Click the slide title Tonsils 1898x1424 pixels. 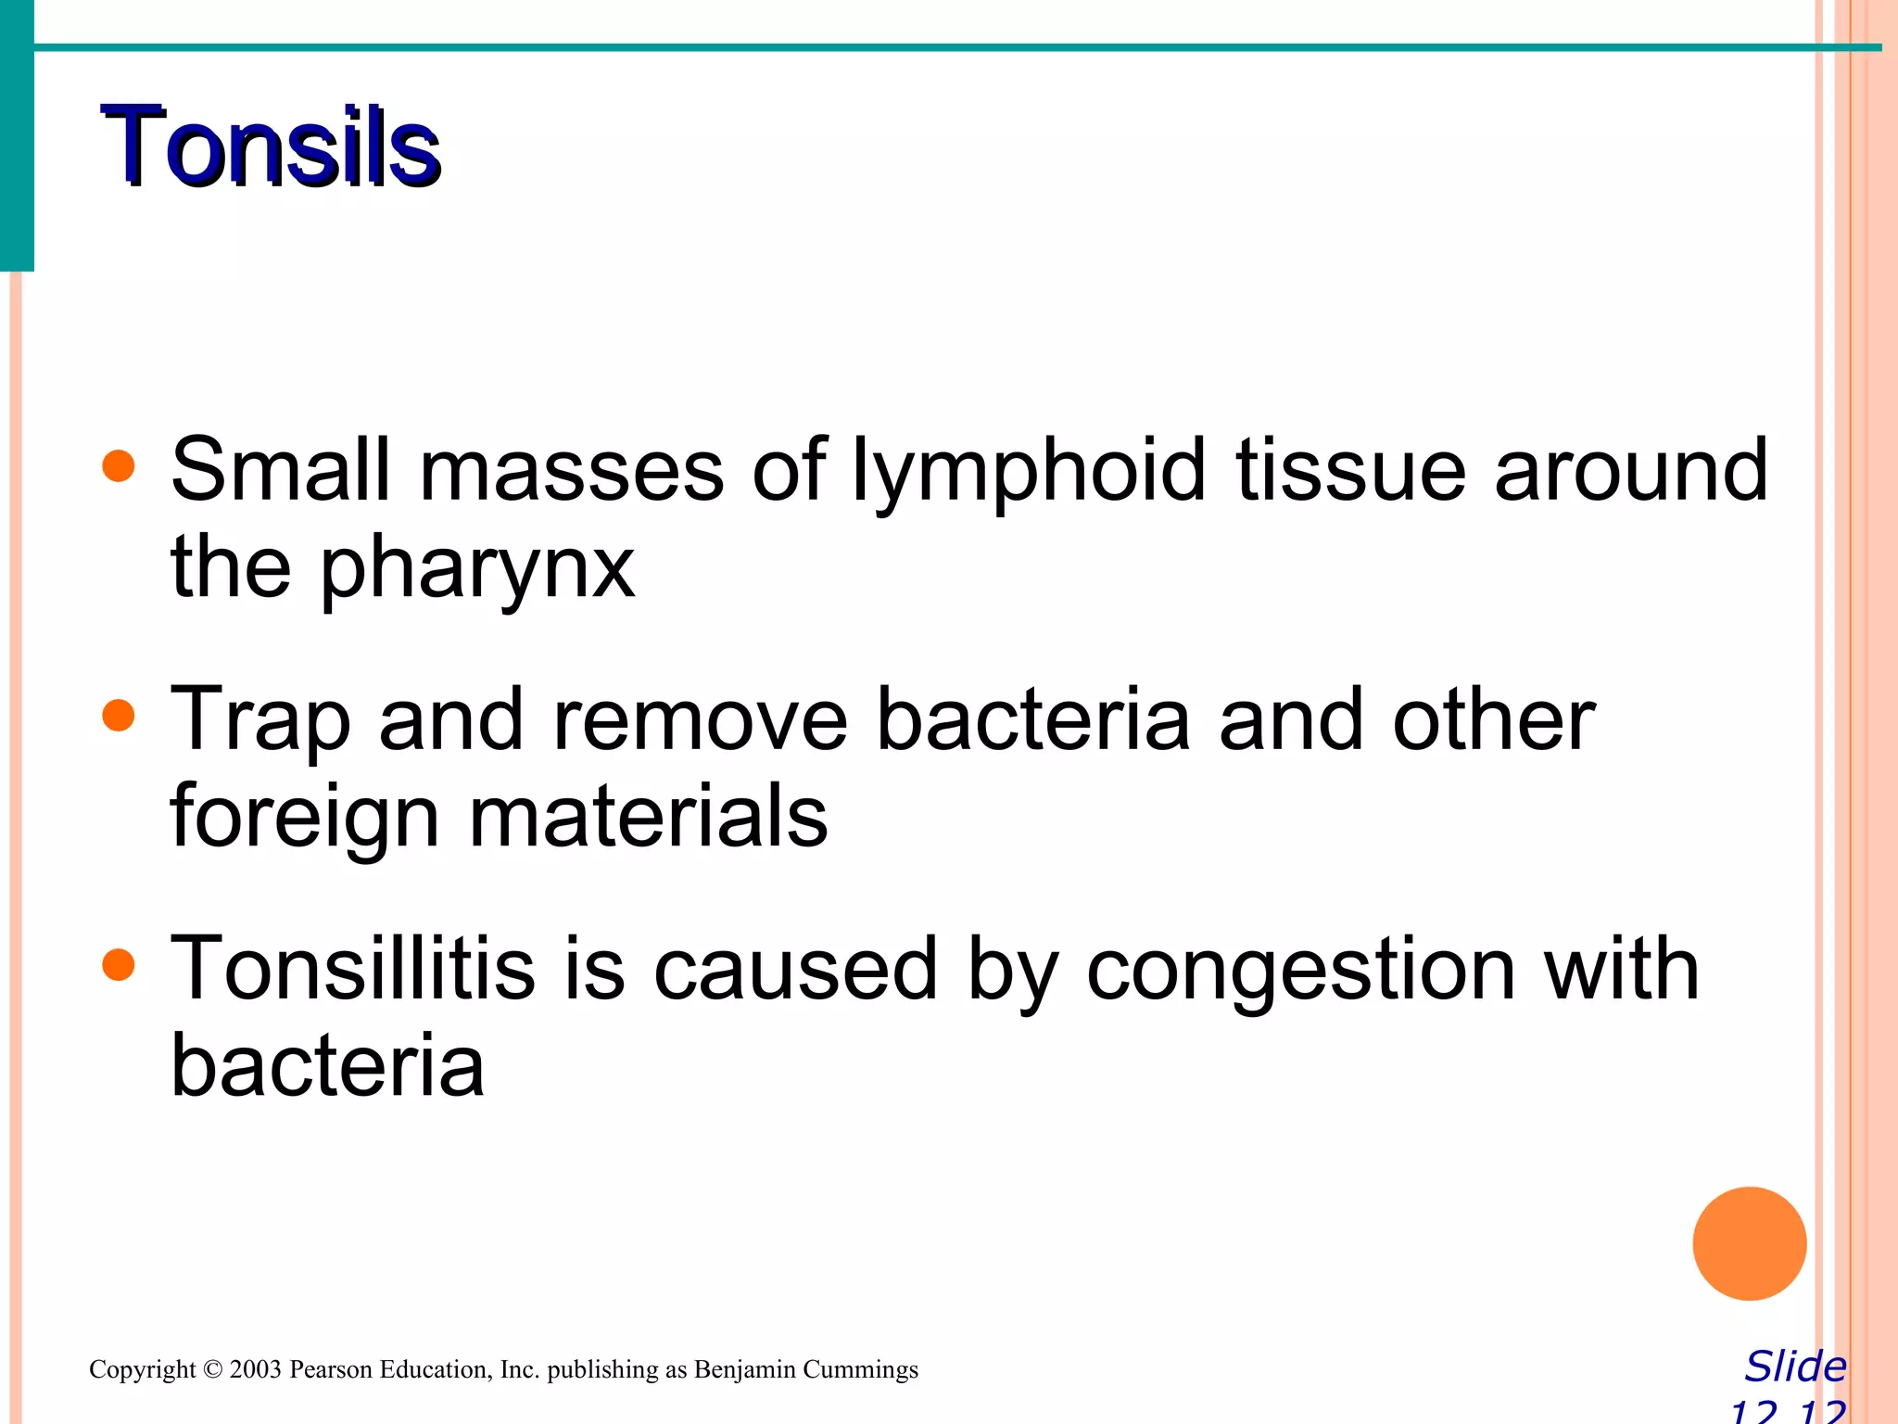(271, 146)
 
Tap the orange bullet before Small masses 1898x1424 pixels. (119, 466)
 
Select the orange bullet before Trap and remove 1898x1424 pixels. (119, 716)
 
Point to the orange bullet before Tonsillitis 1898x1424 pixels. (119, 965)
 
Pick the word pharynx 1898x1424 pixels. (477, 570)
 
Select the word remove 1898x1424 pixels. (700, 720)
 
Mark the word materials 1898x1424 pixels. (648, 817)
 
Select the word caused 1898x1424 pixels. (795, 970)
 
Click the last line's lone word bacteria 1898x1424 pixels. (327, 1066)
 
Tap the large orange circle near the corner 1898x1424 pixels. (1749, 1243)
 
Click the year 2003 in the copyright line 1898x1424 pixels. (255, 1369)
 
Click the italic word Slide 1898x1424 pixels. (1795, 1367)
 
